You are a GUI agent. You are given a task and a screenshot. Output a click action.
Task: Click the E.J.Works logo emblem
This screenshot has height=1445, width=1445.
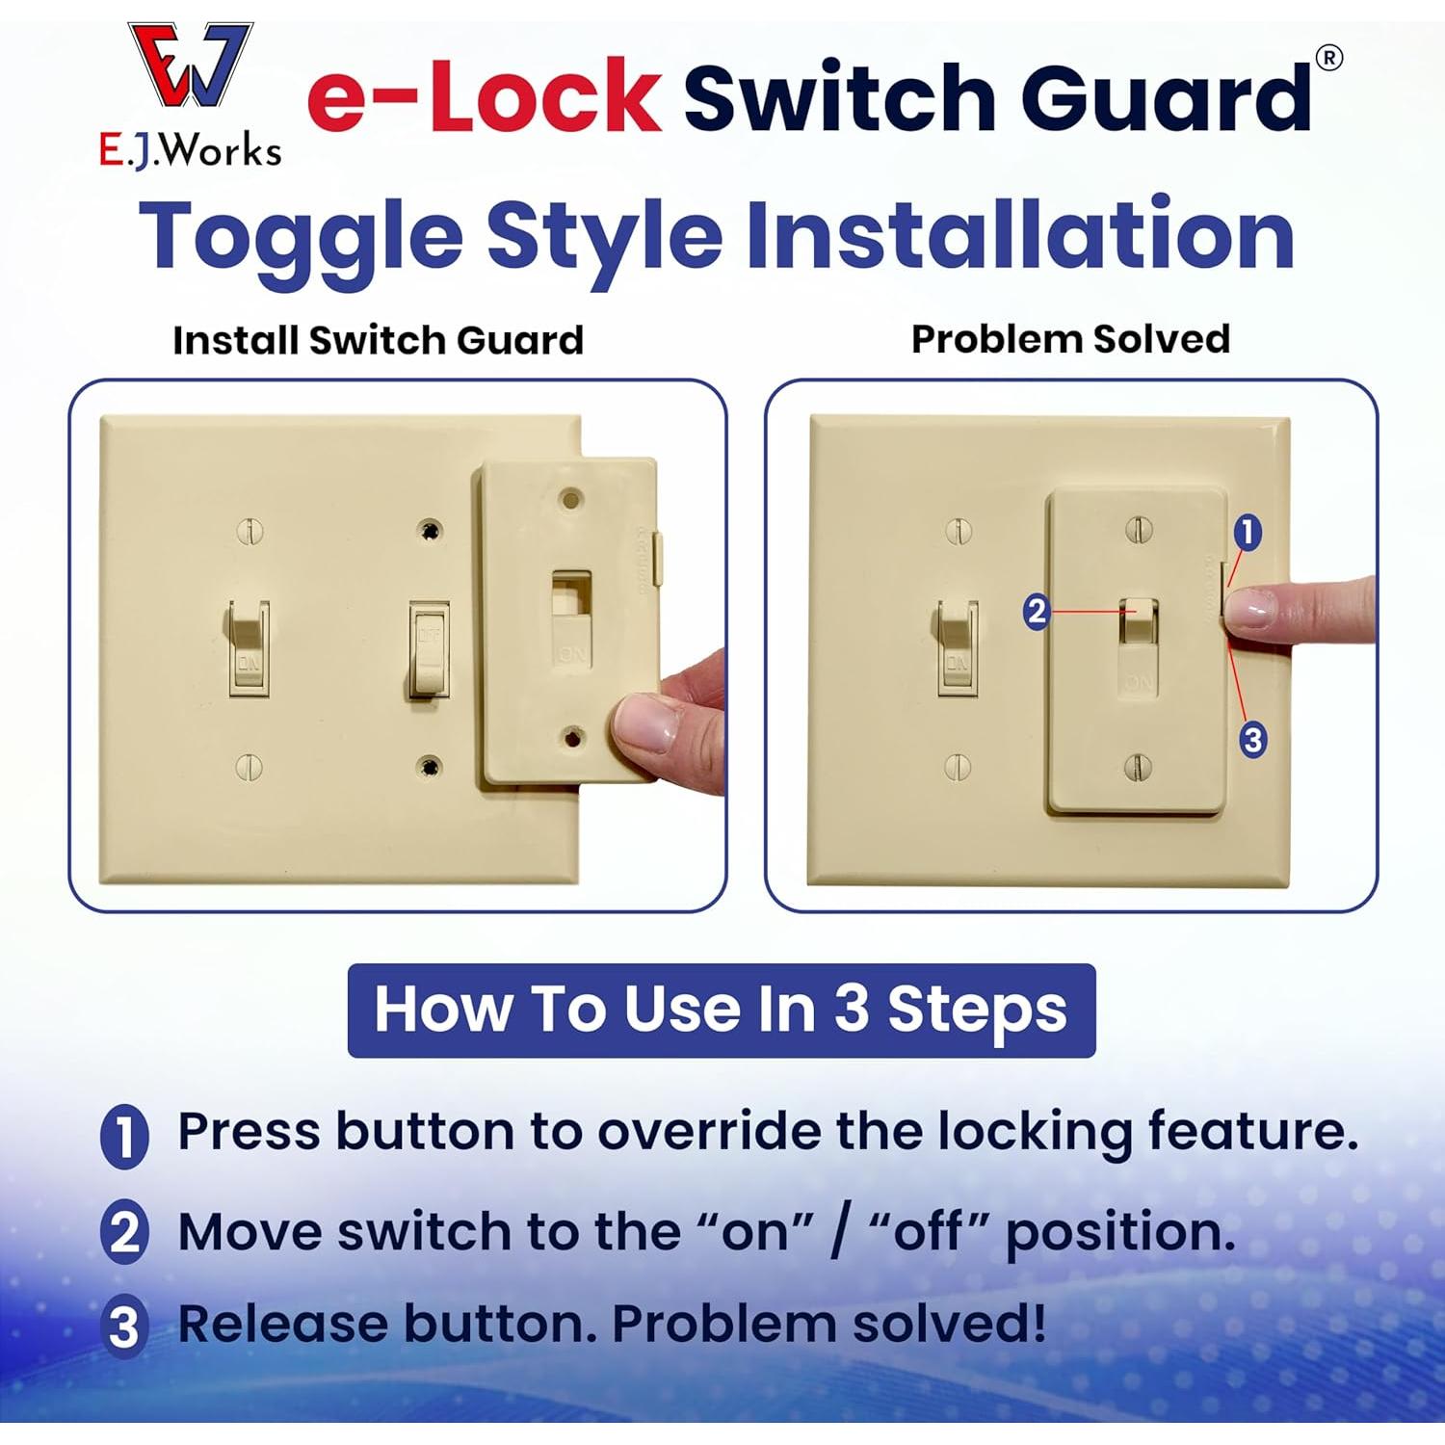pos(191,66)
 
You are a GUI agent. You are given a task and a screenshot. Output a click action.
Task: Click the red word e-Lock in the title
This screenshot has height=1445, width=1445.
pos(484,96)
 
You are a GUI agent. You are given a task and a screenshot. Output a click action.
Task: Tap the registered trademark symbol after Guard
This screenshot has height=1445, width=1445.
pos(1328,58)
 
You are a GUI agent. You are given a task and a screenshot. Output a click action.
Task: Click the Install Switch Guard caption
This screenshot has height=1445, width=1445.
pos(378,340)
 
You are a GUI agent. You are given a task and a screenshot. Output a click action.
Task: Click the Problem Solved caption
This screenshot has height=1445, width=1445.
pos(1070,339)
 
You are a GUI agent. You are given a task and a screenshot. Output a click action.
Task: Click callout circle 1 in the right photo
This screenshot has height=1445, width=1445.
pos(1247,532)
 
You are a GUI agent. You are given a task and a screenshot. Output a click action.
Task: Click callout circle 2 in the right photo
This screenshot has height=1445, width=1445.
pos(1036,612)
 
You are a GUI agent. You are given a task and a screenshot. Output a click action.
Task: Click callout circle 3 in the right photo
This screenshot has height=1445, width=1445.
pos(1251,740)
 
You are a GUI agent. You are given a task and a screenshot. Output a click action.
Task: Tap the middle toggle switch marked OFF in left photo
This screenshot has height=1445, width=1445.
pos(429,648)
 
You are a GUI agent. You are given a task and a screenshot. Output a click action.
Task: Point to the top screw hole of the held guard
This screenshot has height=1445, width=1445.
pos(571,500)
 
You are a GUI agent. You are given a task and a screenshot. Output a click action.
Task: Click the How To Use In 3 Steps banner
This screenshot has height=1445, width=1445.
pos(721,1010)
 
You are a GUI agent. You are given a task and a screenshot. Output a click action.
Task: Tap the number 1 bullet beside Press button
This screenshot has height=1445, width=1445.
pos(124,1136)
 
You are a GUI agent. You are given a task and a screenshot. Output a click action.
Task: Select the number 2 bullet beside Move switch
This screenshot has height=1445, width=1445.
pos(124,1232)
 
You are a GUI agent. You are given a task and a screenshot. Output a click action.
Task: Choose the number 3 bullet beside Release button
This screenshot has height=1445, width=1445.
pos(124,1327)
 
